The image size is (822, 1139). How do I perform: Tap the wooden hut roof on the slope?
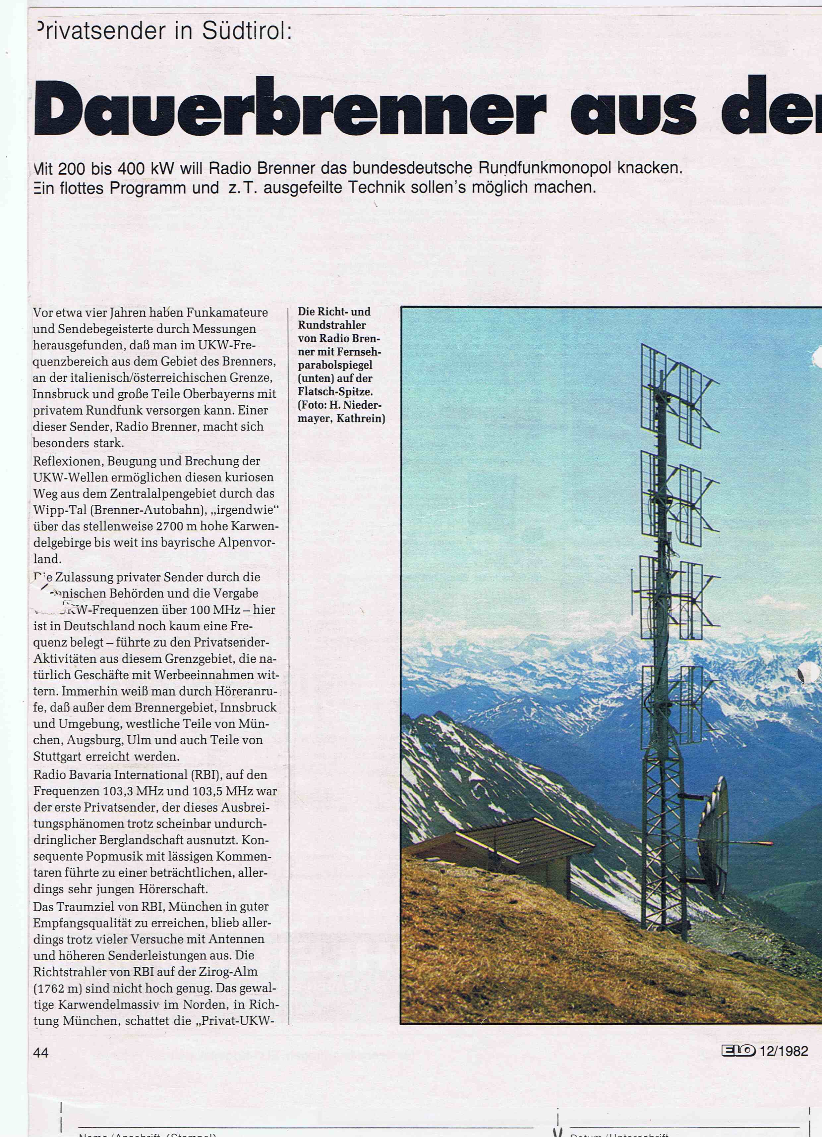523,831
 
